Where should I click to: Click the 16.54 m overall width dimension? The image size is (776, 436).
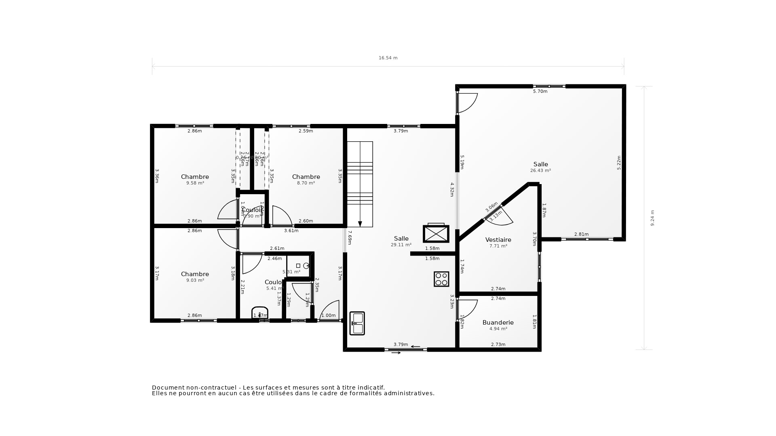(388, 58)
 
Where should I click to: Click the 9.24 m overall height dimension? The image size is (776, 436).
(652, 218)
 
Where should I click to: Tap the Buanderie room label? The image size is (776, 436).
(498, 323)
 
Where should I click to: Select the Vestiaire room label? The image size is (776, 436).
(498, 240)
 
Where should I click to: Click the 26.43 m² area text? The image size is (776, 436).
(540, 170)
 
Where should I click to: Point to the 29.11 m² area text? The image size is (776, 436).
(401, 245)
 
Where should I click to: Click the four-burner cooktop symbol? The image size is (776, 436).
(441, 279)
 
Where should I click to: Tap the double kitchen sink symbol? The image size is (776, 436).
(357, 323)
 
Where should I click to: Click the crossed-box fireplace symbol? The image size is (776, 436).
(436, 234)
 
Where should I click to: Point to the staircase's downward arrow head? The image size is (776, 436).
(360, 224)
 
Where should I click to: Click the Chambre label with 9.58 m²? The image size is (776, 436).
(195, 177)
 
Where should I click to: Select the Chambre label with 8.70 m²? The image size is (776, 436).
(306, 177)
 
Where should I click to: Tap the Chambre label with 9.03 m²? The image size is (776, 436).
(195, 274)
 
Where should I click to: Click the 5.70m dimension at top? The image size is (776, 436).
(540, 91)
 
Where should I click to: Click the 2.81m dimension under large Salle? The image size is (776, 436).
(581, 234)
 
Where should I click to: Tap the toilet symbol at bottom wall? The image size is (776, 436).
(260, 312)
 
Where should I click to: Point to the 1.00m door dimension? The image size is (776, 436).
(328, 316)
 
